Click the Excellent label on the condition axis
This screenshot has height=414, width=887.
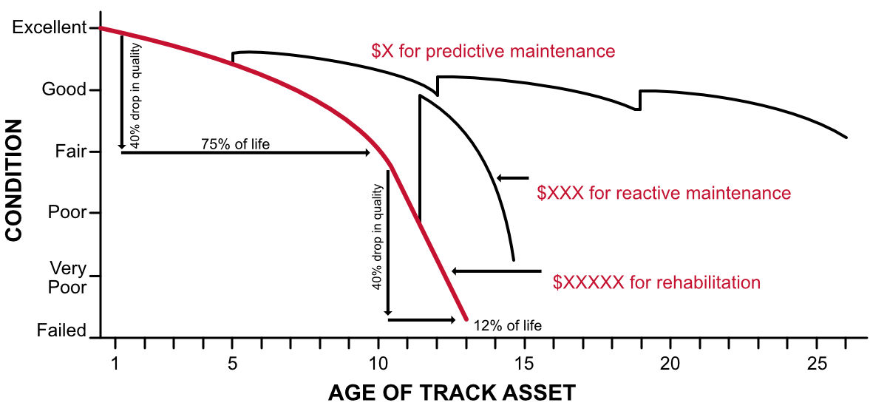(50, 27)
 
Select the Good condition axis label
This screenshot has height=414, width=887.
(64, 90)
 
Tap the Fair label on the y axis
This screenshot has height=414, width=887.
(70, 152)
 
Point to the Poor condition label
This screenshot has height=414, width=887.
(68, 213)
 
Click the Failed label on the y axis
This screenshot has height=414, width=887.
(61, 330)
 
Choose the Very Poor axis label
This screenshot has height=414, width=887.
(67, 276)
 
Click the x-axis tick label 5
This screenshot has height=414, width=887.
(232, 364)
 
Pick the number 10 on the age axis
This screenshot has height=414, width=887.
(378, 364)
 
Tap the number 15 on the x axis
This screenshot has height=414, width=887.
(524, 364)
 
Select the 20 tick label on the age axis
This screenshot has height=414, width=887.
(670, 364)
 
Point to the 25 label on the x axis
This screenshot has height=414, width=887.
(816, 364)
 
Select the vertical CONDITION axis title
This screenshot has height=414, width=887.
(15, 180)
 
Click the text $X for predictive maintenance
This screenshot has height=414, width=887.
(493, 52)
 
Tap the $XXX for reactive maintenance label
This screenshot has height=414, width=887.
(664, 194)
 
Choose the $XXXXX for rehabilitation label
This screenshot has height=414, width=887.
(656, 282)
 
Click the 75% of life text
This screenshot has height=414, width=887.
(235, 143)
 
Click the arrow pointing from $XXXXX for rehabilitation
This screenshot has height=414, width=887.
(496, 271)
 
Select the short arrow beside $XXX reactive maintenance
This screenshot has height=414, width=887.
(513, 177)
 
